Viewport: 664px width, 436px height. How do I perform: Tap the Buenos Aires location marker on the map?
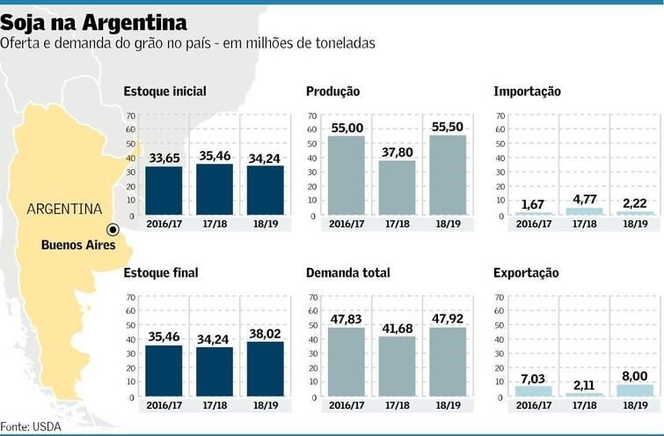point(112,229)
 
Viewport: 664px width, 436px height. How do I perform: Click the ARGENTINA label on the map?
point(64,210)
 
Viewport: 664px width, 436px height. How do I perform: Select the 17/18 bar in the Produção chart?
point(397,188)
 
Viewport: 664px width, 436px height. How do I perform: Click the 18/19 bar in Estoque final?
point(266,369)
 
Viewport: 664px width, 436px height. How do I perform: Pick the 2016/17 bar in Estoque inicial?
point(164,190)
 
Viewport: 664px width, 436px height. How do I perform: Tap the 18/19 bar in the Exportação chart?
point(635,390)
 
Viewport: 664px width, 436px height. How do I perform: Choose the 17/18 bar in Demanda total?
point(397,366)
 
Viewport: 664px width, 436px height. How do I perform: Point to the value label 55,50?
point(448,128)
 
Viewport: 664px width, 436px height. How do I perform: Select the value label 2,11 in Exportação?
point(584,385)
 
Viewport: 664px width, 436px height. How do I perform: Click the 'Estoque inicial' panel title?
point(165,92)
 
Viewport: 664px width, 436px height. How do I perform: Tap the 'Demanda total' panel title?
point(348,273)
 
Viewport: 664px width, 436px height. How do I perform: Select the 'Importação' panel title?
point(527,92)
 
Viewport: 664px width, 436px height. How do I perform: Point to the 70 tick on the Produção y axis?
point(311,115)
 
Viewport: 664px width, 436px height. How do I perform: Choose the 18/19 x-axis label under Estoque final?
point(266,407)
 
